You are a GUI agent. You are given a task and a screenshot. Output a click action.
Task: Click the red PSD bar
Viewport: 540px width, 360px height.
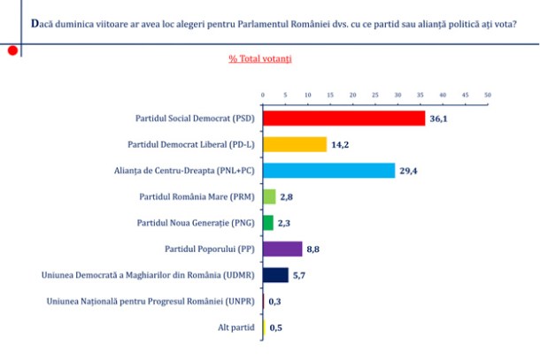[x=343, y=119]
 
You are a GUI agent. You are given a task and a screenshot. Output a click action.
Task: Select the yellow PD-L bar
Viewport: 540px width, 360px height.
[x=295, y=144]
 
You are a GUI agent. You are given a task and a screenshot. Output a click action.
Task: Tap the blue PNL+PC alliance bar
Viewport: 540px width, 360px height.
[x=328, y=171]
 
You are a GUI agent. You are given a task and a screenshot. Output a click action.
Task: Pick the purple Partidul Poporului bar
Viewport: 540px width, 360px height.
[x=282, y=249]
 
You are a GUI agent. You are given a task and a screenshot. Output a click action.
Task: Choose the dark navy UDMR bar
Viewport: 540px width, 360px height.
[x=275, y=275]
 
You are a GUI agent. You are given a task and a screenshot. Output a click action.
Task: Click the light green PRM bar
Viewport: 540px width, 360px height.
[x=269, y=196]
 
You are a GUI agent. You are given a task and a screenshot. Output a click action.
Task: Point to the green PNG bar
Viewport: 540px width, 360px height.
[x=268, y=223]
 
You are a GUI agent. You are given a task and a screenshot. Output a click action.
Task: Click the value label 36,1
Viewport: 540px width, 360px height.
[x=439, y=119]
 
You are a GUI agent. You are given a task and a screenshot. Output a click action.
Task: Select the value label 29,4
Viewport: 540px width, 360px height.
[x=409, y=171]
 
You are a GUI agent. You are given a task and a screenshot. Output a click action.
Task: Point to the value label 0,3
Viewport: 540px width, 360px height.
[x=275, y=302]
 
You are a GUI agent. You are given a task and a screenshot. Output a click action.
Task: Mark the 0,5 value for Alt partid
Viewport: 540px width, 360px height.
[x=276, y=327]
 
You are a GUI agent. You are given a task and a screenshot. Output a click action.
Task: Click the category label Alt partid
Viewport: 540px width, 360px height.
[x=238, y=327]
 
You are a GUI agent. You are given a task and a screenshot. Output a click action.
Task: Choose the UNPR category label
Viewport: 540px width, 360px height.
[x=150, y=302]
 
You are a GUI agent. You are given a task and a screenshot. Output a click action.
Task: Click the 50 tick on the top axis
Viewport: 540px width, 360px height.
[x=488, y=94]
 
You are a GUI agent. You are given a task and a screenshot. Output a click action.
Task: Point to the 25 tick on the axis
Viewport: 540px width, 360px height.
[x=375, y=94]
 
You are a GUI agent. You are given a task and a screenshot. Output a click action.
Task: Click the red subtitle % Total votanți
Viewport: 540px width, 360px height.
[x=260, y=59]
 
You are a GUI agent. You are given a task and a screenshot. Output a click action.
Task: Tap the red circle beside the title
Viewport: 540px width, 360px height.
[x=12, y=51]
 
